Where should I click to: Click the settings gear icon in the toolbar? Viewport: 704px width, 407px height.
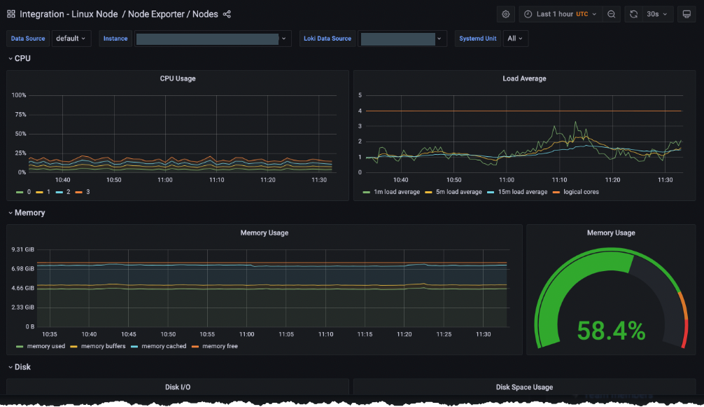(x=506, y=14)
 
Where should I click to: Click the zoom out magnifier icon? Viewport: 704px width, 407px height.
(x=612, y=14)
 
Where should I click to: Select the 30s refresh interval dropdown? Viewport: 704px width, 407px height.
(x=656, y=14)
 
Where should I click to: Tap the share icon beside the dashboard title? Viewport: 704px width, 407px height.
(x=227, y=14)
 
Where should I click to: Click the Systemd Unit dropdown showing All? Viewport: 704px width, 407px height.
(x=515, y=39)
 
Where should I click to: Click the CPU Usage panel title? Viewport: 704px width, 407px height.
(x=178, y=78)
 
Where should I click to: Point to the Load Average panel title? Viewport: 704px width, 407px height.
(x=524, y=78)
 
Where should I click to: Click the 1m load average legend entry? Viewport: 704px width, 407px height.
(x=395, y=191)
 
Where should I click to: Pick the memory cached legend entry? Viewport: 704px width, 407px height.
(x=164, y=346)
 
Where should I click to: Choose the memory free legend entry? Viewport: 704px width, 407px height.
(x=220, y=346)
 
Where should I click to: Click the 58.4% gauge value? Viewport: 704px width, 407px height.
(x=610, y=330)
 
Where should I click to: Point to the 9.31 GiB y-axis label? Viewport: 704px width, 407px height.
(x=23, y=249)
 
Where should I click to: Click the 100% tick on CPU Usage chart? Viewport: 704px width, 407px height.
(x=19, y=95)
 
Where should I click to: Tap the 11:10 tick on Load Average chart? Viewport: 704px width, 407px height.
(x=559, y=180)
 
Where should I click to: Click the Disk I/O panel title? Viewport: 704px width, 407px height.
(x=178, y=387)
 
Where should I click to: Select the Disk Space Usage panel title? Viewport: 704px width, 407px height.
(x=524, y=387)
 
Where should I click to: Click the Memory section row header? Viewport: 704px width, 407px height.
(x=29, y=212)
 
